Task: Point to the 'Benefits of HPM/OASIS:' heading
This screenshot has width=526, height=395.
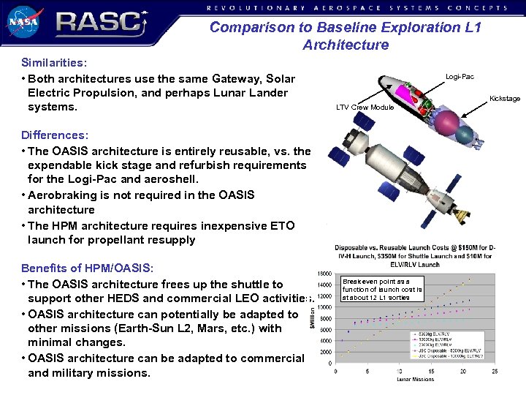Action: click(88, 268)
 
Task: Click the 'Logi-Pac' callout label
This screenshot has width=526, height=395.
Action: click(460, 76)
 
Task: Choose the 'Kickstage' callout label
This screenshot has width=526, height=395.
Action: click(504, 98)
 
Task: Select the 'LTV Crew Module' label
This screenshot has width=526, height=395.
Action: click(365, 108)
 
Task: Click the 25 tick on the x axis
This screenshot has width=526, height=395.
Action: click(495, 371)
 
